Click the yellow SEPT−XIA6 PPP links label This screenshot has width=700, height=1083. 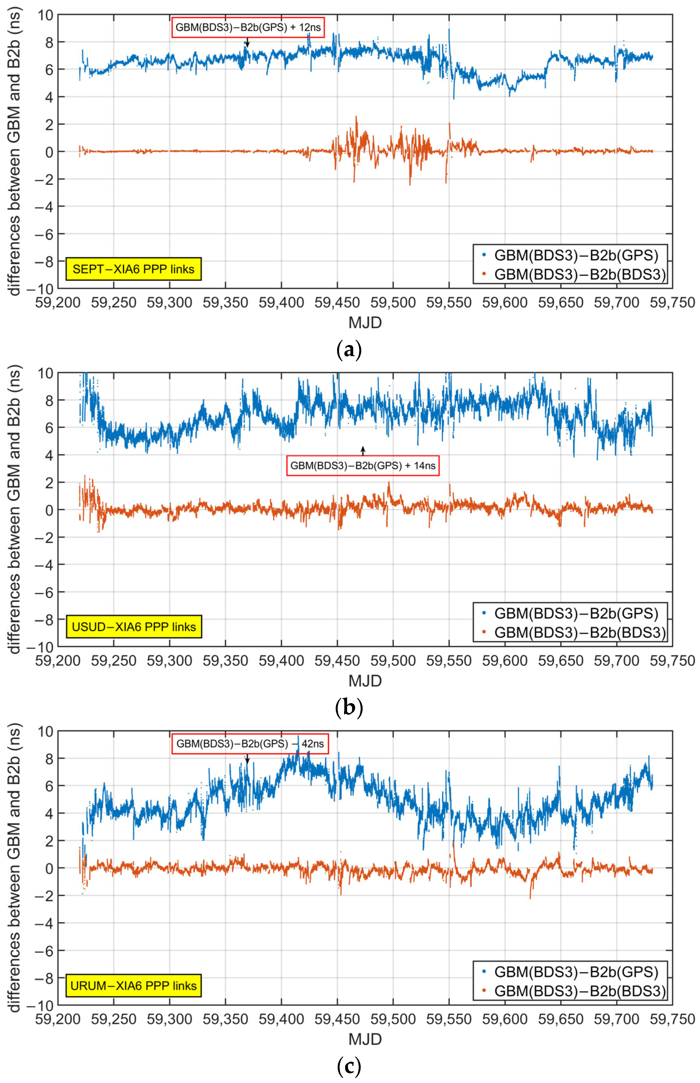click(133, 269)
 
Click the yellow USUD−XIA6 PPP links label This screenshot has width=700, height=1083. click(133, 627)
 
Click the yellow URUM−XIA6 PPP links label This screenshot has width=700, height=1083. click(133, 985)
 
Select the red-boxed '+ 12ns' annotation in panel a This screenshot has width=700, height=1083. click(248, 27)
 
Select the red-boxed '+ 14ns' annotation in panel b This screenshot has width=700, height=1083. click(363, 466)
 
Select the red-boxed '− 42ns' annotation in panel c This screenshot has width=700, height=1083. click(250, 744)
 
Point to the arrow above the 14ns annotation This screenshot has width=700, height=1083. click(363, 450)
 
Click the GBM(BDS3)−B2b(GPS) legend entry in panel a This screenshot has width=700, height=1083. click(570, 255)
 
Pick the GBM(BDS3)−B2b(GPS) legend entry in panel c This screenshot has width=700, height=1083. click(570, 972)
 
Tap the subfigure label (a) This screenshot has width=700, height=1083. click(349, 350)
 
